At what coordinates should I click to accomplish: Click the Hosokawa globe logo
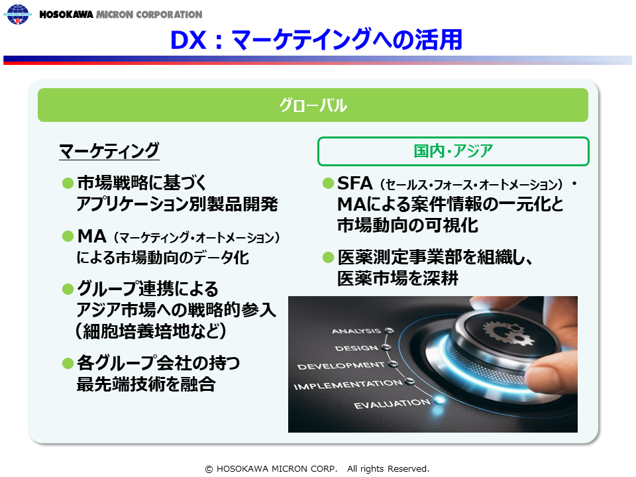click(x=17, y=14)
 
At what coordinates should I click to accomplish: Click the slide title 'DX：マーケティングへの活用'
click(x=316, y=40)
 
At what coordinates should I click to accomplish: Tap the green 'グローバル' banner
click(x=313, y=105)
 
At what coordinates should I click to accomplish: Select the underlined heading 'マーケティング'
click(x=109, y=151)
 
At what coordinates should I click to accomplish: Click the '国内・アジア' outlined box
click(x=453, y=151)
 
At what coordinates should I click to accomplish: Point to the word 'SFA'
click(x=355, y=184)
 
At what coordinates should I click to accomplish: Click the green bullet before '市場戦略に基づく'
click(x=68, y=184)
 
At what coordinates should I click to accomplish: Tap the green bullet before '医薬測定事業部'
click(x=328, y=257)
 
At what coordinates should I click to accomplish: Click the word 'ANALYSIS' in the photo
click(x=356, y=331)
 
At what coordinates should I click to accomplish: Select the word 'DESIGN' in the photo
click(x=356, y=348)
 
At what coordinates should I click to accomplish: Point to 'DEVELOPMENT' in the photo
click(x=341, y=366)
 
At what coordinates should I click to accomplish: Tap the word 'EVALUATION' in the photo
click(x=392, y=403)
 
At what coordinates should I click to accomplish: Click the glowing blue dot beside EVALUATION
click(x=439, y=401)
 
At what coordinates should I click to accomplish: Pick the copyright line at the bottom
click(x=317, y=469)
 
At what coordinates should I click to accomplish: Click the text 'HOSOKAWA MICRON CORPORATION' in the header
click(x=121, y=15)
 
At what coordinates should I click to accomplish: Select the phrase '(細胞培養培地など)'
click(x=150, y=331)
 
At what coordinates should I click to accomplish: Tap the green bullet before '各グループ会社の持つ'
click(x=68, y=362)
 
